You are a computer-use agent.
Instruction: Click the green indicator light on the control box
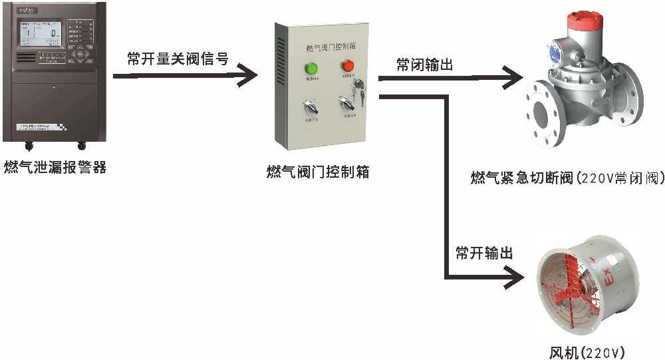point(311,68)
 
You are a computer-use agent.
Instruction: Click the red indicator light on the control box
point(347,66)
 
